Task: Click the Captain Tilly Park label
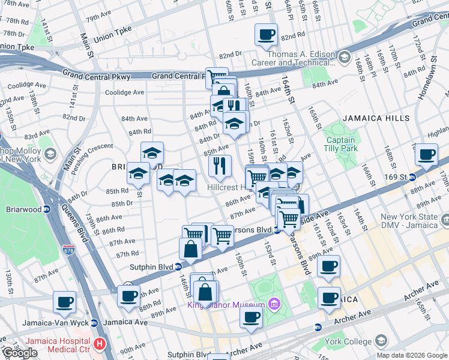(340, 145)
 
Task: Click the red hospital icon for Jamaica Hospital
(100, 345)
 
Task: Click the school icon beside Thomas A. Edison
(344, 58)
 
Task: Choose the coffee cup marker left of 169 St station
(427, 154)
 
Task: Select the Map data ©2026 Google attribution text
(411, 355)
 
